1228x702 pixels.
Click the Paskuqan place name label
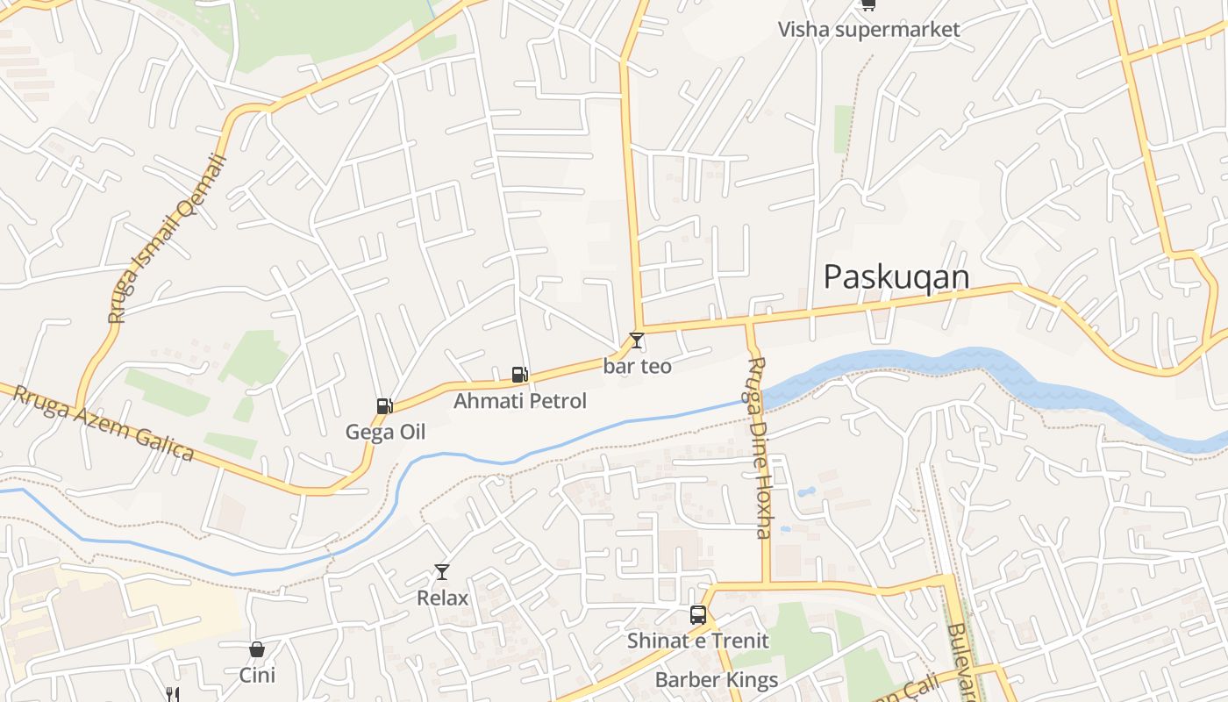tap(896, 277)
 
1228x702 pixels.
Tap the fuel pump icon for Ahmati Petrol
tap(520, 375)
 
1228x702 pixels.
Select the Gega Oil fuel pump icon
tap(384, 405)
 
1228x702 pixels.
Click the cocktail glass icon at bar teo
tap(637, 340)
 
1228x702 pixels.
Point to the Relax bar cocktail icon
tap(441, 572)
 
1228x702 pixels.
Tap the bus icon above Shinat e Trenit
tap(698, 615)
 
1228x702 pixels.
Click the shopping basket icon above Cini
tap(256, 649)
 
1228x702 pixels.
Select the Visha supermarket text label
tap(868, 29)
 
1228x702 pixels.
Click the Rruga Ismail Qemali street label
tap(167, 239)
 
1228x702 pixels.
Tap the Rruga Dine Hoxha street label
tap(760, 448)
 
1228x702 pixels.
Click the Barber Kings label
tap(716, 680)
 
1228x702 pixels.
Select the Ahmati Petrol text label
tap(519, 401)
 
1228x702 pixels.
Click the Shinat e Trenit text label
tap(697, 641)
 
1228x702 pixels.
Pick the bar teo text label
tap(638, 366)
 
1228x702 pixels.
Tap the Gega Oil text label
tap(385, 432)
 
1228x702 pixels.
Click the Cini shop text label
tap(257, 675)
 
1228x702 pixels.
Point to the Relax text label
tap(442, 598)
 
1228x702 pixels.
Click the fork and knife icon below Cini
tap(173, 695)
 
